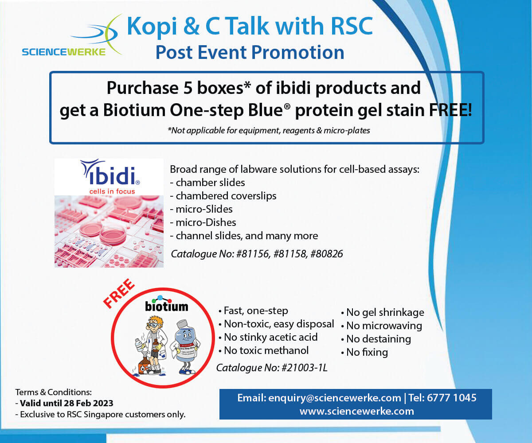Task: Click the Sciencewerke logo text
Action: coord(63,52)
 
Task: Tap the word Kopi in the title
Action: coord(152,27)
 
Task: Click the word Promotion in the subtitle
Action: coord(298,52)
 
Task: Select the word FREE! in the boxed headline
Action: coord(450,110)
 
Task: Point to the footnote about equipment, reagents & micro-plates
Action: coord(269,130)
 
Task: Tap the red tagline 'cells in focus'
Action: coord(112,191)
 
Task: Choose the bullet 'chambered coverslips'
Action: coord(223,196)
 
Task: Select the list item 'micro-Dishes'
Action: coord(203,222)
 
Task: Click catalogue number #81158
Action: coord(289,254)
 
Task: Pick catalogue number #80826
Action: coord(327,254)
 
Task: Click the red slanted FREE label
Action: coord(119,293)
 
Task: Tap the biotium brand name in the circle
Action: coord(167,306)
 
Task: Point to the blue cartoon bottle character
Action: coord(185,347)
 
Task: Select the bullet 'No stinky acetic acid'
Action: coord(268,337)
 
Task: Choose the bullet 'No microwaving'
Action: coord(382,326)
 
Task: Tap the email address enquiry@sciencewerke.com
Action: coord(335,398)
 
